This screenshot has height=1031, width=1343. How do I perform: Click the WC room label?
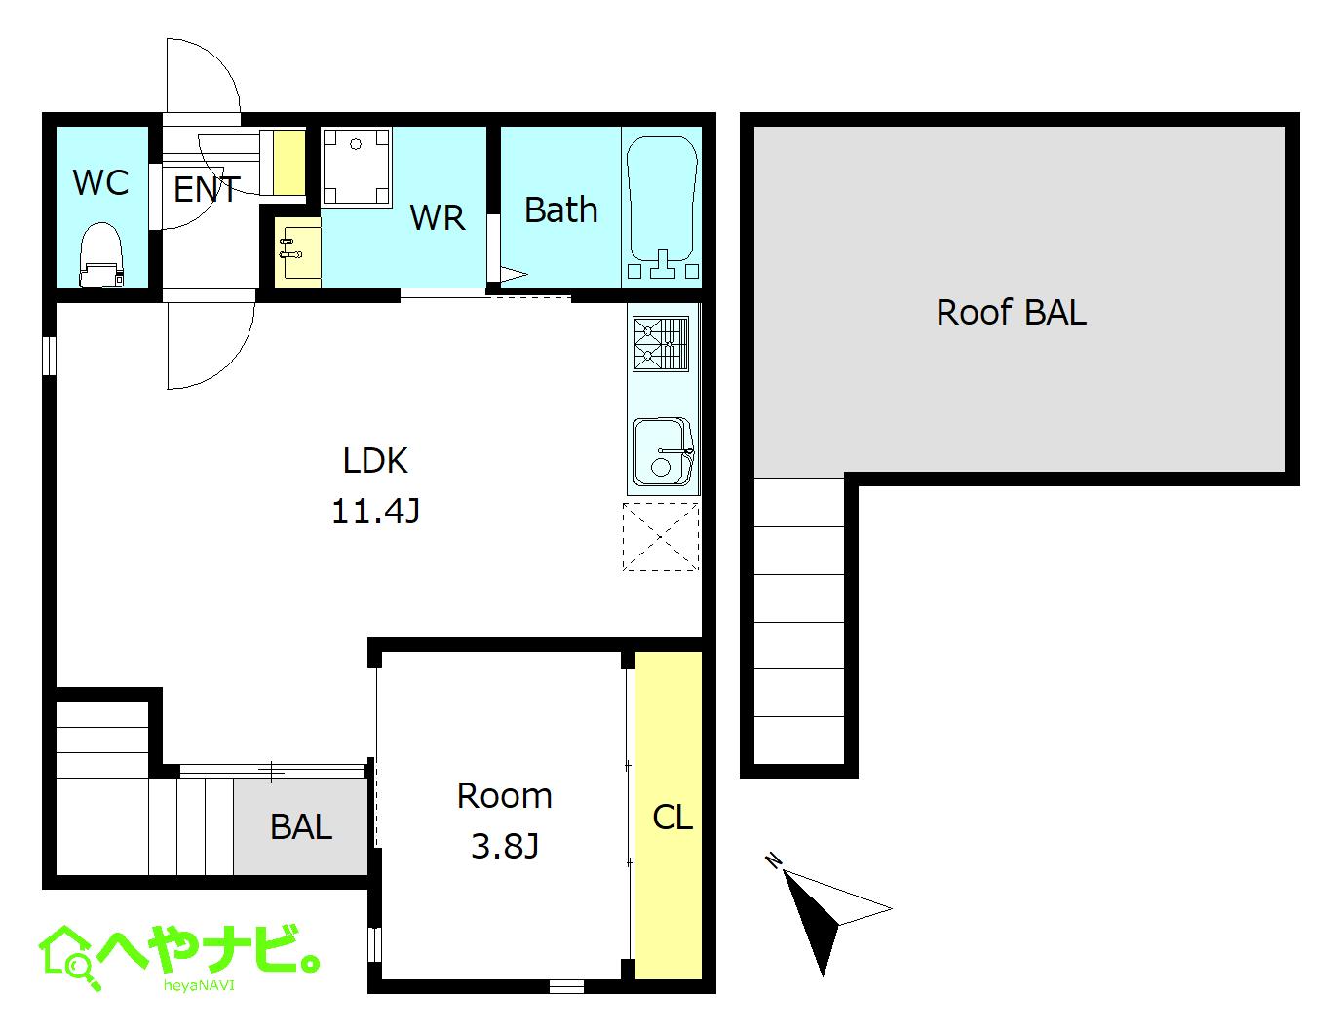pos(100,182)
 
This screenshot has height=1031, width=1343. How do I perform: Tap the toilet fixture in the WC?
pos(101,256)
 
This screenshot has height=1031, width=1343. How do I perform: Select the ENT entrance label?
pos(206,189)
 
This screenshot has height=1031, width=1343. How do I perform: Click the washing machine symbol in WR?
pos(356,167)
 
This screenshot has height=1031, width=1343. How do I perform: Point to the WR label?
pos(438,218)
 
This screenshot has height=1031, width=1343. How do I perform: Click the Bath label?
pos(560,210)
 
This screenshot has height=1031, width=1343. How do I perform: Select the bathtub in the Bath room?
pos(662,207)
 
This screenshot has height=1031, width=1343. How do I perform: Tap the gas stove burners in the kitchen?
pos(661,344)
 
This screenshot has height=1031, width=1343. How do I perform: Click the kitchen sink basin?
pos(662,451)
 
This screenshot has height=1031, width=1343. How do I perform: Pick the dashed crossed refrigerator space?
pos(661,536)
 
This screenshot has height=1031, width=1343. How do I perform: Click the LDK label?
pos(375,460)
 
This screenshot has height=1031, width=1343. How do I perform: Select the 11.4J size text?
pos(375,511)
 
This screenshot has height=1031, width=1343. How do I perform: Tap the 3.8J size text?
pos(504,846)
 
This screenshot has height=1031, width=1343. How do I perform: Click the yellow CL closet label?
pos(671,817)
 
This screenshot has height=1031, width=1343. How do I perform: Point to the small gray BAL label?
pos(301,827)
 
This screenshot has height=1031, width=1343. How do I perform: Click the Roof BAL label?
pos(1011,312)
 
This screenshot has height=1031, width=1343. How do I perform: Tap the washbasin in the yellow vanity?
pos(296,248)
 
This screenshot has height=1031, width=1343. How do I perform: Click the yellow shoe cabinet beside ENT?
pos(288,161)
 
